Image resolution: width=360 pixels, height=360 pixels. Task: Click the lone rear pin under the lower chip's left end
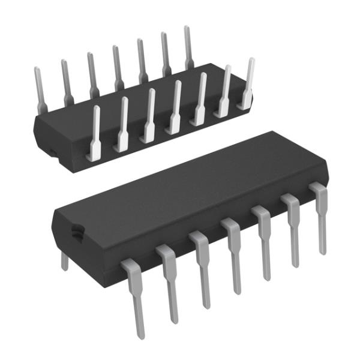(65, 260)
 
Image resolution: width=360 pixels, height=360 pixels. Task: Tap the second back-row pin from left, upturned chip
(65, 80)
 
